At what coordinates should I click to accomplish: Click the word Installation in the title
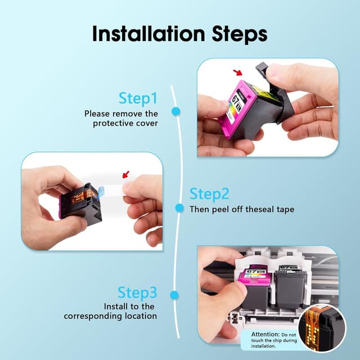click(x=148, y=34)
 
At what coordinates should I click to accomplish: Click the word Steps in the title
click(x=240, y=35)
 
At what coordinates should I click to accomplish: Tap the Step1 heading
click(x=138, y=98)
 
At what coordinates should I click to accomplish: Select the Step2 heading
click(x=209, y=193)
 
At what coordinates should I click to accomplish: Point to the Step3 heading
click(x=137, y=292)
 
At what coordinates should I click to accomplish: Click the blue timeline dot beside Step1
click(x=176, y=111)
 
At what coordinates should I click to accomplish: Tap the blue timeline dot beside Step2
click(x=179, y=208)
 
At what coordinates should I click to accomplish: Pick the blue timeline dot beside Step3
click(x=174, y=295)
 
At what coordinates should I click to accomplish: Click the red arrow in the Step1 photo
click(x=237, y=73)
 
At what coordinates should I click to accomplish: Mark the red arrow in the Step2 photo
click(x=125, y=174)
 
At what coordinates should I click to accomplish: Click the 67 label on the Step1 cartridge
click(x=235, y=100)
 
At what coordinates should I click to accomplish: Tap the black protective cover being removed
click(x=274, y=92)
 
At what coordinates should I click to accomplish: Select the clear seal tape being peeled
click(x=112, y=191)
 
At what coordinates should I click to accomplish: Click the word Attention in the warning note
click(x=265, y=334)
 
